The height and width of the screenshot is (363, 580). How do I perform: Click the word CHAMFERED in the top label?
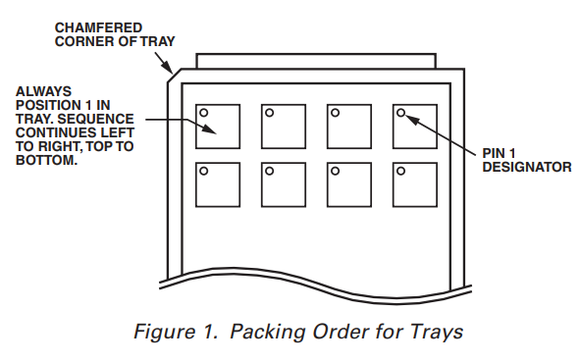click(x=98, y=27)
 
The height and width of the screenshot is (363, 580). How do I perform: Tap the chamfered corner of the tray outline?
click(x=175, y=76)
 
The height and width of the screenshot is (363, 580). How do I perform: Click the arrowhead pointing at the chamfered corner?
click(x=168, y=68)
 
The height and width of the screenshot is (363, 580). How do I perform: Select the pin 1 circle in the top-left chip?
click(x=204, y=113)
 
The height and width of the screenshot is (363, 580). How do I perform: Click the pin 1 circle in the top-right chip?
click(x=401, y=113)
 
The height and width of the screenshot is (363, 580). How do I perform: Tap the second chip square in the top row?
click(x=284, y=127)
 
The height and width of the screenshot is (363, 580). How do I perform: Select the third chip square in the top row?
click(x=349, y=127)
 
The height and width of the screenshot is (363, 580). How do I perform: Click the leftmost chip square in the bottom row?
click(x=218, y=184)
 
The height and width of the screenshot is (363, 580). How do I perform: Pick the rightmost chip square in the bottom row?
click(x=415, y=184)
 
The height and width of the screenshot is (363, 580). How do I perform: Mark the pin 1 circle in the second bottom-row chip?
click(x=270, y=171)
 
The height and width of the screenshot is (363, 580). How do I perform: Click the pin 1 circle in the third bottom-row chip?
click(x=335, y=171)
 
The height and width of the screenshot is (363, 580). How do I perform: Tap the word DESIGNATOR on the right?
click(x=527, y=167)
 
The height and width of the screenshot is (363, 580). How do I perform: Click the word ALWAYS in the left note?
click(x=43, y=91)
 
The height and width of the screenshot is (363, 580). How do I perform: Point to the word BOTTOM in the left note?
click(x=45, y=161)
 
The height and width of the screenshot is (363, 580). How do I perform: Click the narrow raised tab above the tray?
click(x=316, y=55)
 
